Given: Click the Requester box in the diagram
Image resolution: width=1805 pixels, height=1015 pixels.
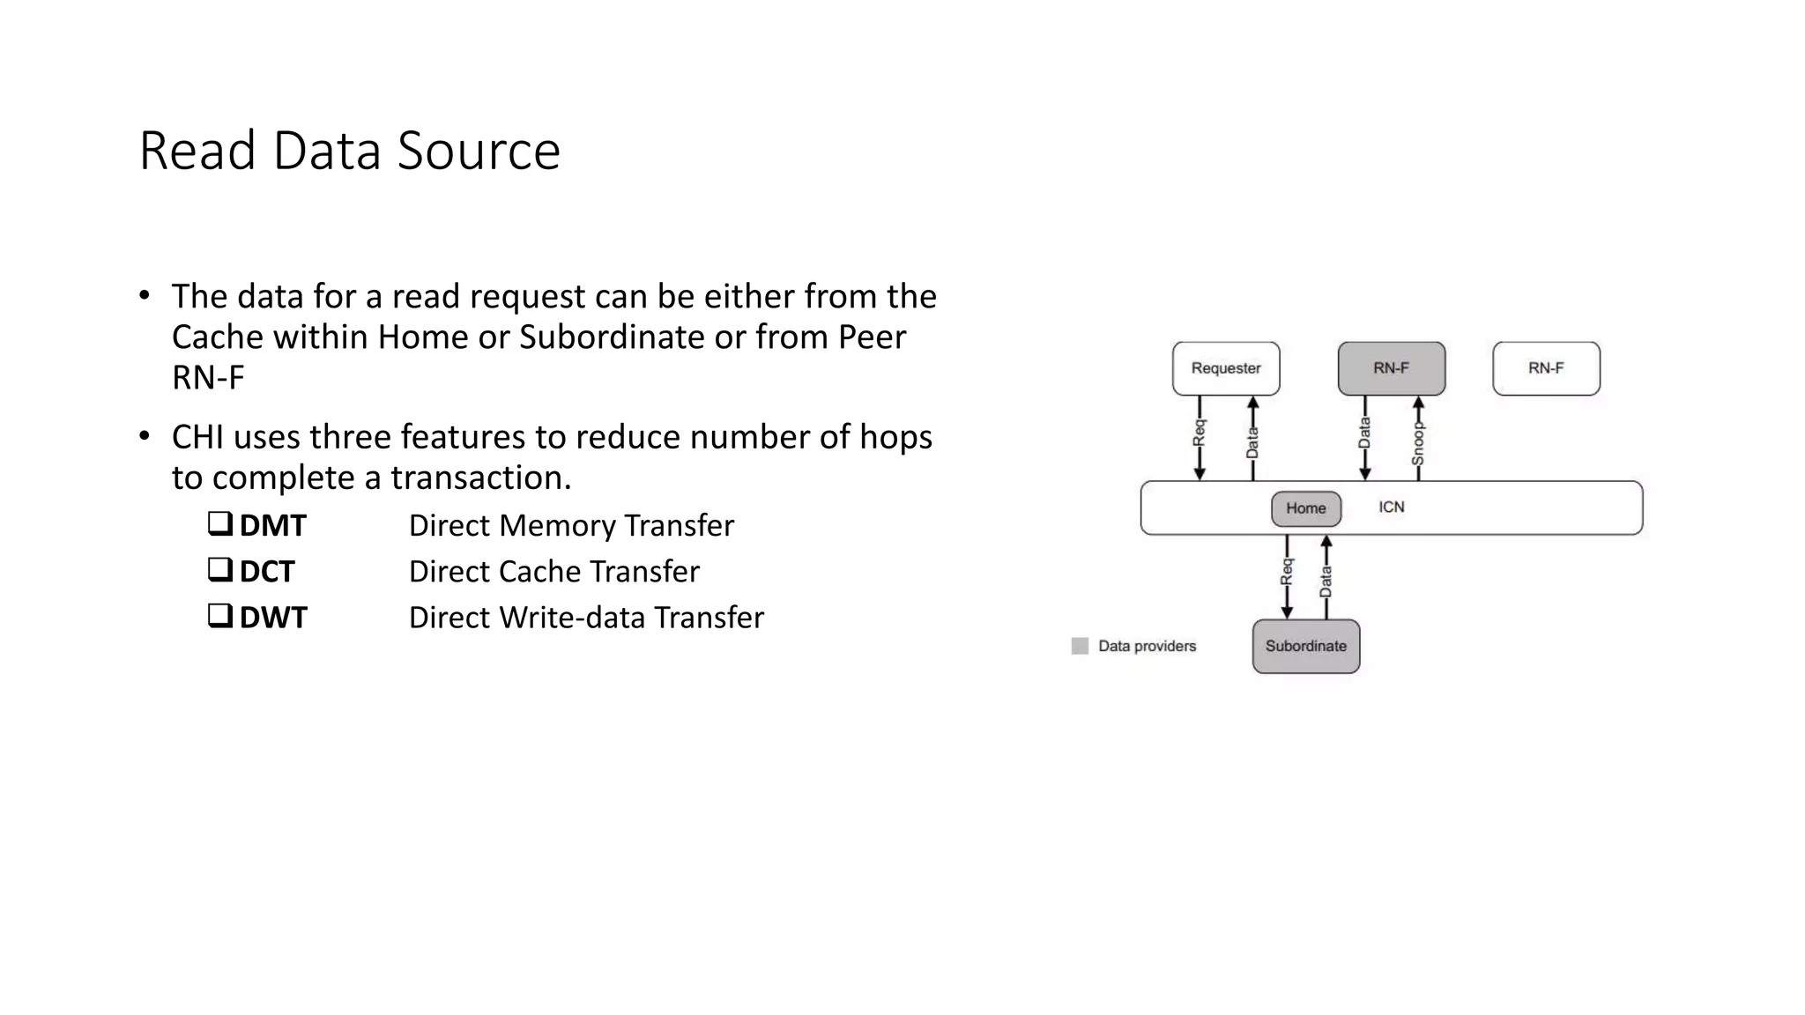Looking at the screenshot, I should click(1225, 368).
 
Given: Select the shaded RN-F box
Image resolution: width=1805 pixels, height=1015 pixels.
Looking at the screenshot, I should click(1391, 368).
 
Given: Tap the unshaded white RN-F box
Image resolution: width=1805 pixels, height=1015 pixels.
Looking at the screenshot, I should click(1546, 368).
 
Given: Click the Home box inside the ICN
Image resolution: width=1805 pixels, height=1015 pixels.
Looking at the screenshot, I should click(1305, 508).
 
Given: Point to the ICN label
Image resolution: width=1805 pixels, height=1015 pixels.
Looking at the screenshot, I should click(1391, 507).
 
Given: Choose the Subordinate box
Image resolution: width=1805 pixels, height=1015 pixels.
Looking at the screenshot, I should click(1305, 646).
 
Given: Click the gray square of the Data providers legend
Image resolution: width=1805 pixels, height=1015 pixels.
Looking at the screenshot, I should click(1080, 646).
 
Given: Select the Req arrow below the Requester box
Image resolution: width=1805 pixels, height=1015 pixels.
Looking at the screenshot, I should click(1200, 438).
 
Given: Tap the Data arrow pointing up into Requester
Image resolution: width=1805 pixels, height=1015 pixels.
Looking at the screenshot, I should click(1252, 438).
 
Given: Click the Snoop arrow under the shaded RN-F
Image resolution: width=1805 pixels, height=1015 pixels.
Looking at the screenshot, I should click(1418, 438).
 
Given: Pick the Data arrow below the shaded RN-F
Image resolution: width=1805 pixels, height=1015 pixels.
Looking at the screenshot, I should click(1365, 438).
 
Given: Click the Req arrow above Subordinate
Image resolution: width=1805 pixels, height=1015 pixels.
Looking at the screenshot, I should click(1287, 576).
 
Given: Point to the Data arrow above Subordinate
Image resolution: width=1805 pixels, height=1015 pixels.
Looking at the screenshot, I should click(1326, 576).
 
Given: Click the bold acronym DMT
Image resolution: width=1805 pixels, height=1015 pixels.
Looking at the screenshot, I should click(272, 526).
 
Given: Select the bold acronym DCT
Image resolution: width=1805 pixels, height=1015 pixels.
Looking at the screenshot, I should click(266, 572).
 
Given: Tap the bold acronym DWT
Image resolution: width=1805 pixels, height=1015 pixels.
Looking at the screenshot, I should click(273, 618).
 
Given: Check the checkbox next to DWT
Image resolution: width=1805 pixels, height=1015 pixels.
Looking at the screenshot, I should click(219, 615).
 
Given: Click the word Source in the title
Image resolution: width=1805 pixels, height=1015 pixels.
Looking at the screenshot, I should click(479, 151).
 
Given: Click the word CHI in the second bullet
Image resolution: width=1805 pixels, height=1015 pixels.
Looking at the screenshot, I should click(197, 437).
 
